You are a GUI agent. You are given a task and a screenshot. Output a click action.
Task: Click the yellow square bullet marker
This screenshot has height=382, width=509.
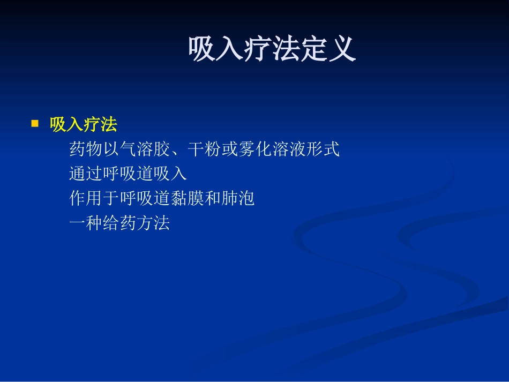point(35,124)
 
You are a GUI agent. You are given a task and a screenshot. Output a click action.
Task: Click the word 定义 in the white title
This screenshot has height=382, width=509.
point(328,50)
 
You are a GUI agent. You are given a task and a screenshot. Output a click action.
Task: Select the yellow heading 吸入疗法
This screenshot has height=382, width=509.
point(83,125)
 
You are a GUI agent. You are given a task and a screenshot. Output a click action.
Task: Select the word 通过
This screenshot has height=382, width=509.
point(86,174)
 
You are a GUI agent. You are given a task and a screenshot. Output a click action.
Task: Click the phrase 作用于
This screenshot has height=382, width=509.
point(94,199)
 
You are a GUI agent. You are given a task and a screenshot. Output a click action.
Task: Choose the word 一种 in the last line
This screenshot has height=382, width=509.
point(86,223)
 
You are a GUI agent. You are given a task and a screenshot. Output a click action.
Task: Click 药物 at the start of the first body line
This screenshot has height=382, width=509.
point(86,149)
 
